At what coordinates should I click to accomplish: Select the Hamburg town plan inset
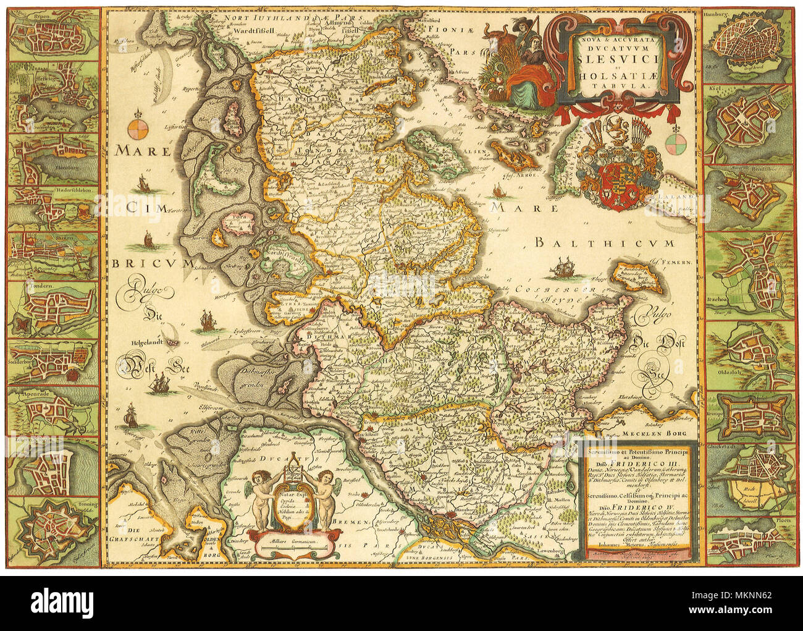click(x=749, y=44)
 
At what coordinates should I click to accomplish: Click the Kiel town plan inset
click(x=749, y=124)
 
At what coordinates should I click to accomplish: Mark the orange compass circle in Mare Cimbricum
click(x=139, y=130)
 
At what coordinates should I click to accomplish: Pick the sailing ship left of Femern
click(x=566, y=267)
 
